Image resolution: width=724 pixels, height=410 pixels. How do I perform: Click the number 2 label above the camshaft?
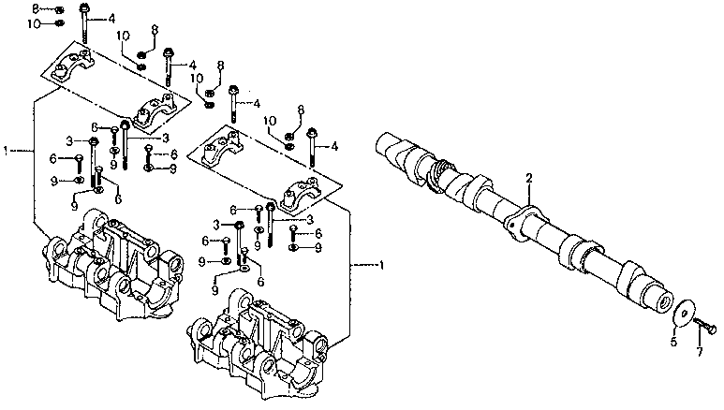528,177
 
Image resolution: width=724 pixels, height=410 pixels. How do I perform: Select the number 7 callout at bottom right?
698,352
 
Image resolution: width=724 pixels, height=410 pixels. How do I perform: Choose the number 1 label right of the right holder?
381,266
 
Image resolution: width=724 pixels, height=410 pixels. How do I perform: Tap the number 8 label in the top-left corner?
36,8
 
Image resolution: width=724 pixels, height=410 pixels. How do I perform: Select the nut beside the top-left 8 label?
58,9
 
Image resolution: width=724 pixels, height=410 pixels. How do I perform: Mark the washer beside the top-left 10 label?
58,22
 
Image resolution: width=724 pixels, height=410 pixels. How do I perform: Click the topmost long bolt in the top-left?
85,21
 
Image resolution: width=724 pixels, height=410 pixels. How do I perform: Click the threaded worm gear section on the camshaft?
434,171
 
